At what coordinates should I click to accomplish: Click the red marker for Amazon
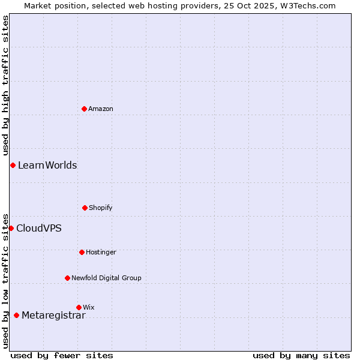click(x=85, y=109)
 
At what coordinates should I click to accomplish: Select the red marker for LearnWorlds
click(x=13, y=165)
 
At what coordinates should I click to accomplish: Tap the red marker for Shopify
click(x=85, y=208)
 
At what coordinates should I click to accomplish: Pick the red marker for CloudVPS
click(x=11, y=228)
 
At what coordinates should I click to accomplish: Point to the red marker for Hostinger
click(x=82, y=252)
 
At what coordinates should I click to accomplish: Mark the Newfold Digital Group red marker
click(x=67, y=278)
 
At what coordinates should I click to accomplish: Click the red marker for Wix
click(x=79, y=307)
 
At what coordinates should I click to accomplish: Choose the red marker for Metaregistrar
click(x=16, y=315)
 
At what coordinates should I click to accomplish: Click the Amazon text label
click(x=101, y=109)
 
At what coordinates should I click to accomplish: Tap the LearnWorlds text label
click(x=47, y=166)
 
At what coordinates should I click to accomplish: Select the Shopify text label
click(x=101, y=208)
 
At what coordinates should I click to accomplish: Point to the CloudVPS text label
click(x=39, y=228)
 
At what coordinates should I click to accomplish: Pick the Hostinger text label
click(x=101, y=252)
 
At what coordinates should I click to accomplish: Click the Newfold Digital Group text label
click(x=106, y=278)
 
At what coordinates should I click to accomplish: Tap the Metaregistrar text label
click(x=53, y=316)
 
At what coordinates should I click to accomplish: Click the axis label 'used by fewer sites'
click(x=62, y=355)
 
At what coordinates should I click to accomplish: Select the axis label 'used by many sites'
click(x=301, y=355)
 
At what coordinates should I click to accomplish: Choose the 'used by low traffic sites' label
click(x=5, y=281)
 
